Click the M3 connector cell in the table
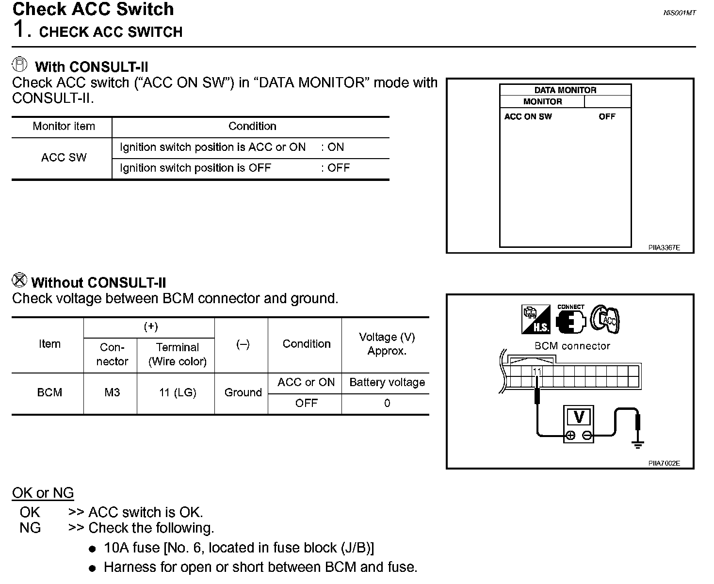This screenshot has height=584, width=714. click(x=112, y=392)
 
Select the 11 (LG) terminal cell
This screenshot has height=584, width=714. click(x=178, y=392)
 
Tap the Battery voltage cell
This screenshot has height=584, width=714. click(x=387, y=382)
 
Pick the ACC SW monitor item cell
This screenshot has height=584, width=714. click(x=64, y=158)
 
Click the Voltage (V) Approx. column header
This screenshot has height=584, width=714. click(x=387, y=344)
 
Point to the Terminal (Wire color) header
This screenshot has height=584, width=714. click(x=178, y=354)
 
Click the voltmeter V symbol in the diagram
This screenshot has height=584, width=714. click(x=579, y=417)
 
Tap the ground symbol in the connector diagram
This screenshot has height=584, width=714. click(x=638, y=444)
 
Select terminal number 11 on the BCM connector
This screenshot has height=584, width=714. click(x=537, y=372)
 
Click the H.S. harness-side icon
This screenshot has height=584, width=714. click(x=536, y=319)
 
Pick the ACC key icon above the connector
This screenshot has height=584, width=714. click(x=605, y=319)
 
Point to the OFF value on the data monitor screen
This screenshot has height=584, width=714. click(x=607, y=117)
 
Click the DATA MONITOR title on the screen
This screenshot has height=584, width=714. click(x=565, y=90)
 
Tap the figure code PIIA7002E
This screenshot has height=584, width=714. click(x=664, y=463)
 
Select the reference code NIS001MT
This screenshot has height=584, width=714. click(x=679, y=13)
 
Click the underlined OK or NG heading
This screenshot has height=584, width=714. click(x=43, y=493)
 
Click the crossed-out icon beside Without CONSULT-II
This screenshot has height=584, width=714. click(x=19, y=280)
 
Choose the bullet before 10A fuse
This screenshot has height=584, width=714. click(x=93, y=549)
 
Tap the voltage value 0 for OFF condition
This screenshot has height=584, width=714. click(x=387, y=404)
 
